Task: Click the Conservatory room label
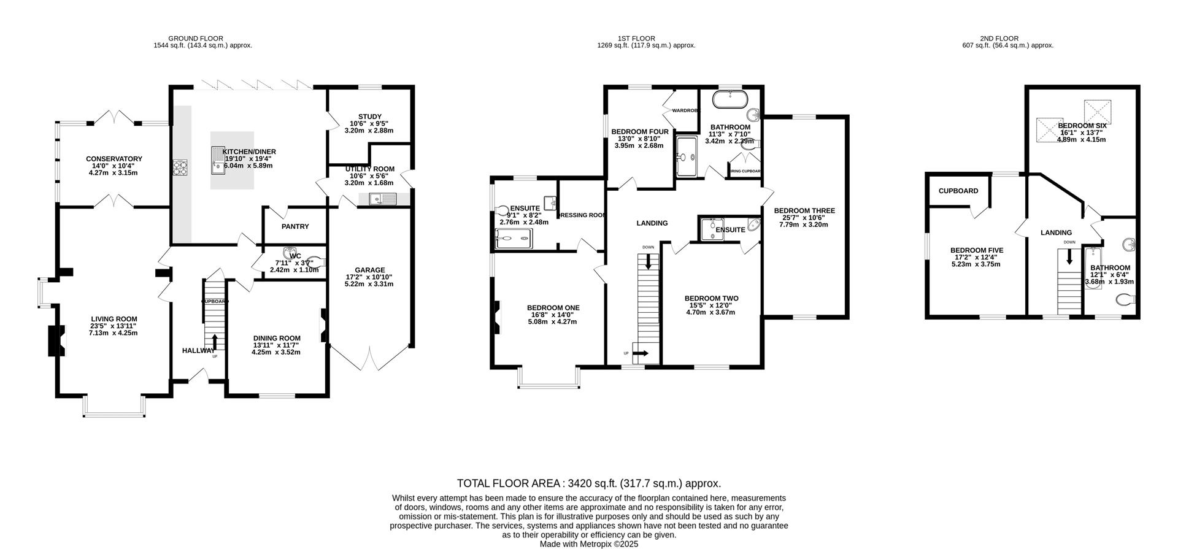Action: (x=114, y=159)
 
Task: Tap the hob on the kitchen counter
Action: (x=180, y=167)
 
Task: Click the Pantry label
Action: (x=295, y=226)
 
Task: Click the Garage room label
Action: (x=370, y=270)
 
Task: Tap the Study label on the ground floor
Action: (x=369, y=117)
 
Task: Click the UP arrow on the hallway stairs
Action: (x=215, y=342)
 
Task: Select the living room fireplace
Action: (x=56, y=340)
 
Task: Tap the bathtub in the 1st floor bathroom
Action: (x=729, y=99)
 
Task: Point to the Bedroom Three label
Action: (x=804, y=210)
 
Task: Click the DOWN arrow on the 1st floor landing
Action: (x=649, y=260)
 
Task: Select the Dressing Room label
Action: (x=582, y=215)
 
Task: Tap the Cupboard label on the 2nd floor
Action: (x=958, y=191)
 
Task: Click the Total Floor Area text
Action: (x=588, y=483)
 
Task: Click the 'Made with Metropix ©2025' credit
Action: (x=588, y=544)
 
